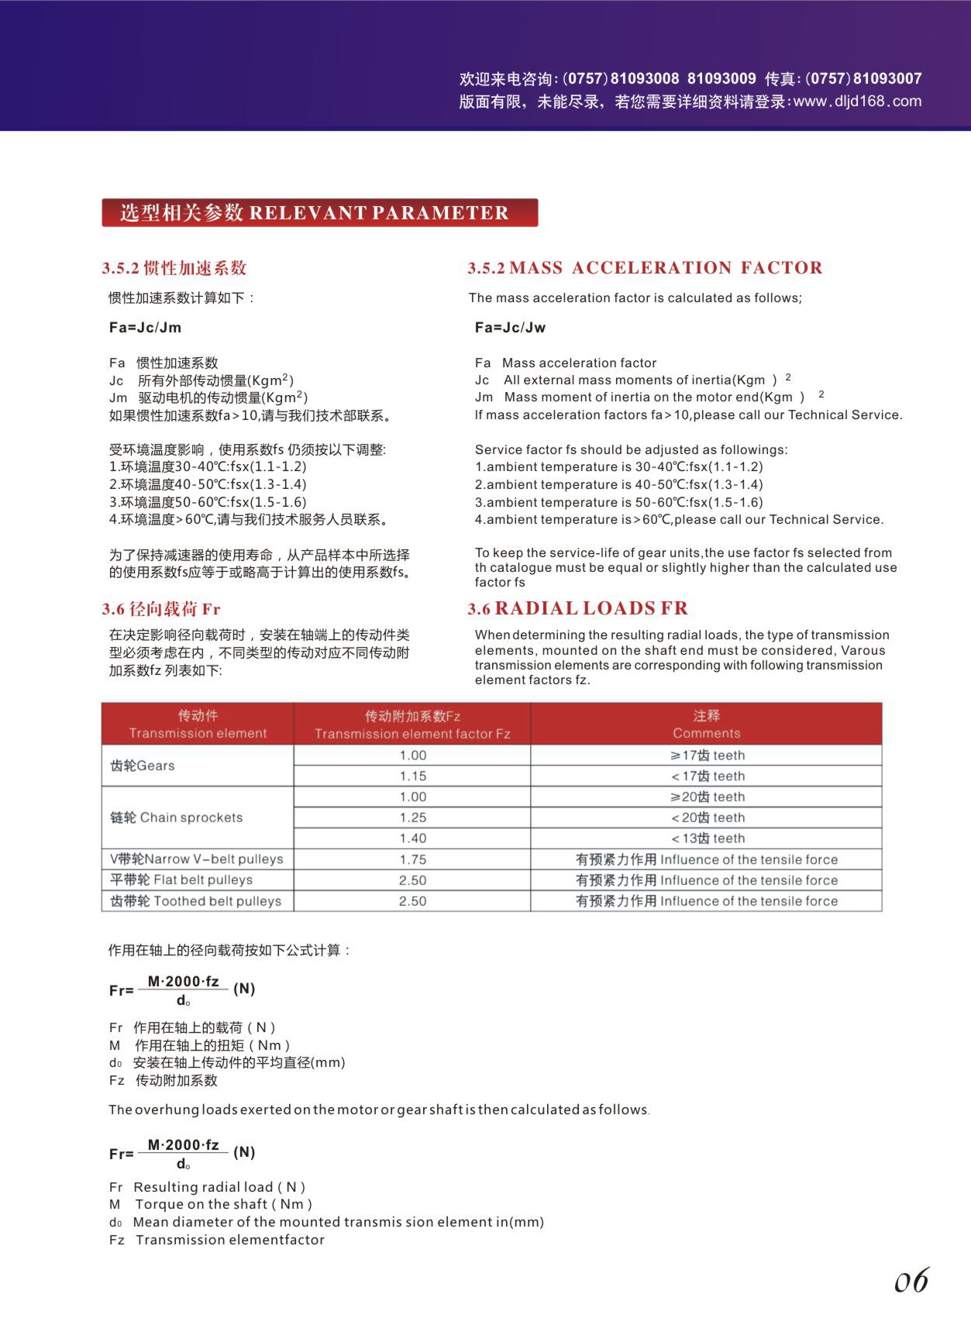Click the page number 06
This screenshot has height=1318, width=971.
pyautogui.click(x=911, y=1282)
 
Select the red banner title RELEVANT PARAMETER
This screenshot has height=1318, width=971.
pyautogui.click(x=319, y=213)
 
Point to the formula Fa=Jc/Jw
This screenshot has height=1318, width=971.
pyautogui.click(x=510, y=328)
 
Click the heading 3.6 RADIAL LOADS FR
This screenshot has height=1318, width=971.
pyautogui.click(x=577, y=609)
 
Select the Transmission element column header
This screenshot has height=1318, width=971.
pyautogui.click(x=198, y=733)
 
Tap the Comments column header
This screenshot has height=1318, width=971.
pyautogui.click(x=706, y=733)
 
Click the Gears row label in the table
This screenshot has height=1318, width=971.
pyautogui.click(x=143, y=766)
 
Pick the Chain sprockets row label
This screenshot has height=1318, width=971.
pyautogui.click(x=177, y=817)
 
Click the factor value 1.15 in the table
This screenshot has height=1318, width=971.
pyautogui.click(x=412, y=776)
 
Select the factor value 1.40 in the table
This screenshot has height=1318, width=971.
pyautogui.click(x=412, y=838)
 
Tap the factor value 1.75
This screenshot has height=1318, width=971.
pyautogui.click(x=412, y=859)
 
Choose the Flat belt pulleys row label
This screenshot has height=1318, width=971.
pyautogui.click(x=181, y=880)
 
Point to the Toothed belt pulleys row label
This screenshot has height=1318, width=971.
pyautogui.click(x=195, y=901)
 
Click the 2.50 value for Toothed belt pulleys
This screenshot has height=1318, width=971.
pyautogui.click(x=412, y=901)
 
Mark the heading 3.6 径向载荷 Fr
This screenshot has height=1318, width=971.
pyautogui.click(x=161, y=610)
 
